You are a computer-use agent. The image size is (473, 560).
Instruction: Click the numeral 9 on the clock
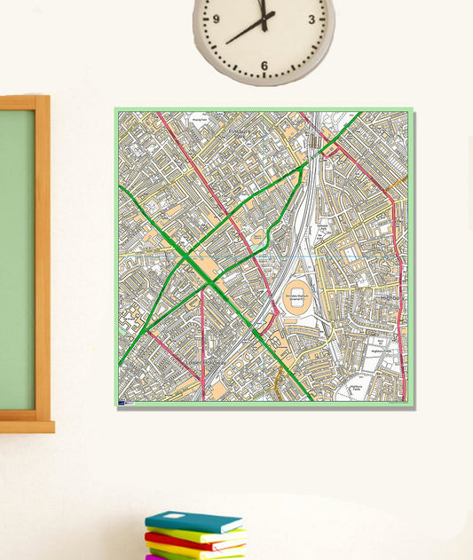[216, 18]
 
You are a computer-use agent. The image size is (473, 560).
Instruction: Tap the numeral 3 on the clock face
[311, 18]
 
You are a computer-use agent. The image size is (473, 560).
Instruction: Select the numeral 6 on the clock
[264, 65]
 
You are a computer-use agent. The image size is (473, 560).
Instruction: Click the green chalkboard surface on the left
[16, 257]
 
